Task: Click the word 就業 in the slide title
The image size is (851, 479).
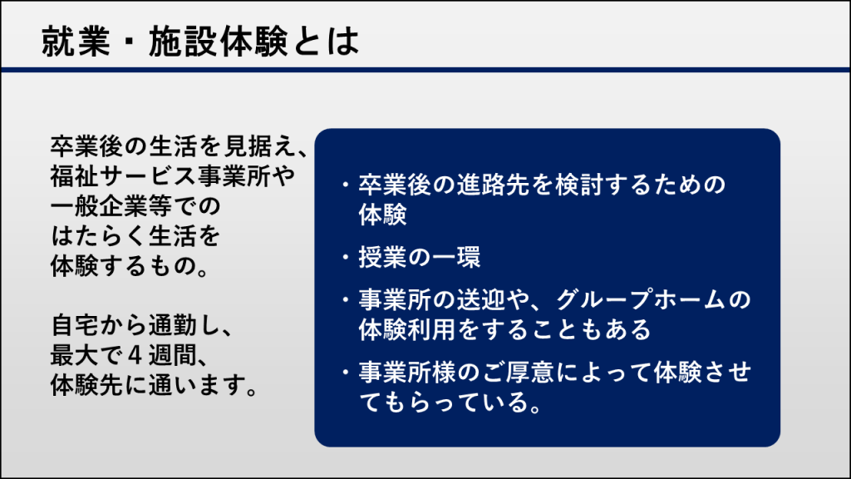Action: tap(76, 42)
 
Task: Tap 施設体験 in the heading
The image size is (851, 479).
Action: tap(219, 42)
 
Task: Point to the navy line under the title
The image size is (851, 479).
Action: tap(425, 70)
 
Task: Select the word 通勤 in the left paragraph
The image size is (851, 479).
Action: tap(172, 326)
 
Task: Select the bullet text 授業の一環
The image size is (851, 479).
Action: tap(420, 257)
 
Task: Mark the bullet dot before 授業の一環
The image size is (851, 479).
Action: tap(345, 256)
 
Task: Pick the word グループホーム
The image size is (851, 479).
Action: tap(641, 299)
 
